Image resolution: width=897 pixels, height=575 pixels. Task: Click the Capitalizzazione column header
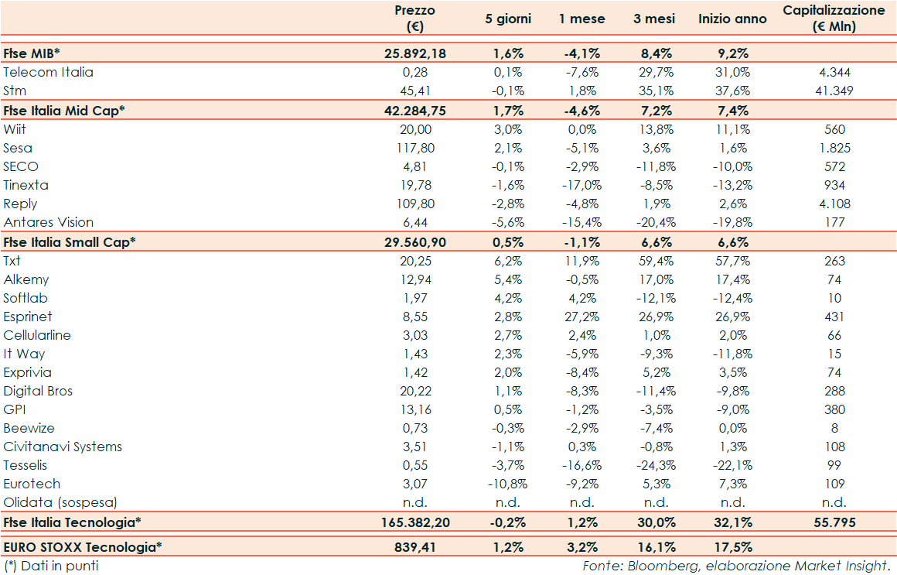tap(834, 19)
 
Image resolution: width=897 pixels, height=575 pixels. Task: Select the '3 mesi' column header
tap(653, 19)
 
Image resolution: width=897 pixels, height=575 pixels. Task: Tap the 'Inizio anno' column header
tap(732, 19)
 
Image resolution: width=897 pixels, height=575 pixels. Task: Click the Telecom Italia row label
tap(48, 72)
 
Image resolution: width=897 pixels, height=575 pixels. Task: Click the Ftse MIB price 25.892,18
tap(415, 53)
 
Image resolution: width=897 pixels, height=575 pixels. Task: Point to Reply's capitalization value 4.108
tap(834, 204)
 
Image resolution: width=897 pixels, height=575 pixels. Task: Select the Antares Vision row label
tap(48, 222)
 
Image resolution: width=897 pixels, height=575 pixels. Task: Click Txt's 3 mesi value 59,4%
tap(653, 261)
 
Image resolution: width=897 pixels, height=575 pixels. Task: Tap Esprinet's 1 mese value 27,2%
tap(582, 317)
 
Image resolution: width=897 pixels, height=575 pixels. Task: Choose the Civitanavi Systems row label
tap(63, 447)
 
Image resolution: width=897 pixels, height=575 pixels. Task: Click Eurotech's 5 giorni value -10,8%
tap(508, 484)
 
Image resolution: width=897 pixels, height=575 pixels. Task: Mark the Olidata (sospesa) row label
tap(60, 502)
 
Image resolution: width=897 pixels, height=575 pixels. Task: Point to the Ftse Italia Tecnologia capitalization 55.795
tap(834, 522)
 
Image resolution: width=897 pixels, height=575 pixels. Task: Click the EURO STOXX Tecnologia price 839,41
tap(415, 547)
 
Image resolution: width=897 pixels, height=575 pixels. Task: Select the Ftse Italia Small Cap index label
tap(70, 241)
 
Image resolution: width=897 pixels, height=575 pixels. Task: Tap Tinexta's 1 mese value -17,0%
tap(582, 185)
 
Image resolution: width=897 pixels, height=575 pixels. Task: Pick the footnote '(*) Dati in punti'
tap(51, 566)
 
